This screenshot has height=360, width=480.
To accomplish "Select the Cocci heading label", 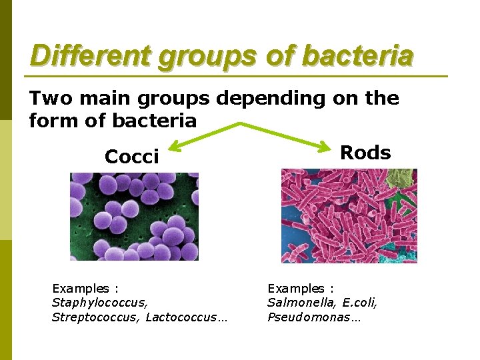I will click(132, 157).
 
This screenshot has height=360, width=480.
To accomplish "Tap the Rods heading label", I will click(365, 153).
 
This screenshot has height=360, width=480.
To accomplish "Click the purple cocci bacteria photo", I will click(134, 217).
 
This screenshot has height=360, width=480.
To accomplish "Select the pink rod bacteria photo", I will click(349, 215).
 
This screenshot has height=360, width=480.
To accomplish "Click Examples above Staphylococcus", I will click(81, 289).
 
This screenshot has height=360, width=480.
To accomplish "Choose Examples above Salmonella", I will click(297, 289).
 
